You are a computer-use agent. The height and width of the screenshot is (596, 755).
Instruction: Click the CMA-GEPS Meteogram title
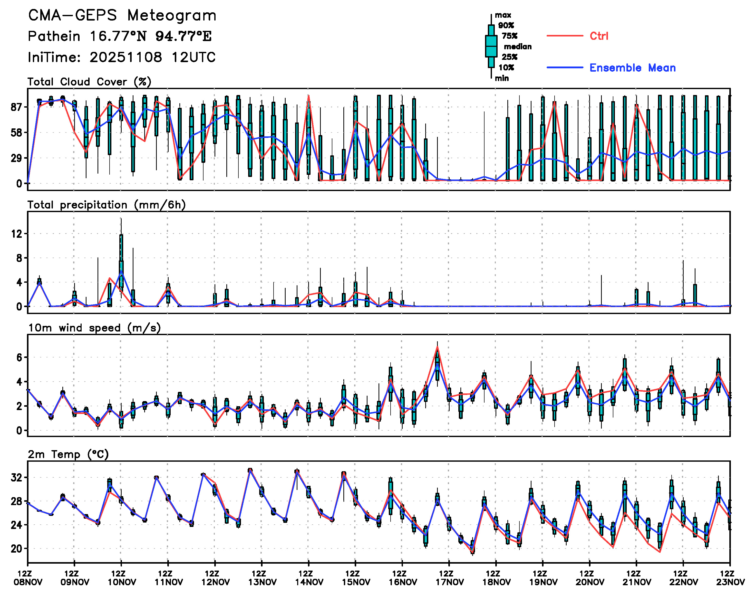(122, 16)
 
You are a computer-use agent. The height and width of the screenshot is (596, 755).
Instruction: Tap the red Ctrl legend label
(599, 36)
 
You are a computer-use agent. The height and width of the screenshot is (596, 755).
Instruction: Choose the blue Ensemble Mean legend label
(632, 68)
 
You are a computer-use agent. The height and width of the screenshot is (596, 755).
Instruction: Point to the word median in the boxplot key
(518, 46)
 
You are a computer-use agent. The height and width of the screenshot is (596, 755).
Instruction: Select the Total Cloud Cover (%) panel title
(89, 82)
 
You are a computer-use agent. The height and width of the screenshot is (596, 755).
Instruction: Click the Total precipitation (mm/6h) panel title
(106, 205)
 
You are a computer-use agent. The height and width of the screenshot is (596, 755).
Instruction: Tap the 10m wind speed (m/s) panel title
(94, 328)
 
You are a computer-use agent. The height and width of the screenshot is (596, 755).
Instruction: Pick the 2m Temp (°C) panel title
(68, 454)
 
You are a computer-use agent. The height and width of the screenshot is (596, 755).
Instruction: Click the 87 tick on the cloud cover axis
(17, 107)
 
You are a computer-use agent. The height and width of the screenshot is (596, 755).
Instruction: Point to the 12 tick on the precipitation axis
(17, 234)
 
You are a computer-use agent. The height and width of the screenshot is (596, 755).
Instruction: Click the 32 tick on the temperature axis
(17, 477)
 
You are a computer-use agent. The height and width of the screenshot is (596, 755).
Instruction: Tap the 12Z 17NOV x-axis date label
(449, 578)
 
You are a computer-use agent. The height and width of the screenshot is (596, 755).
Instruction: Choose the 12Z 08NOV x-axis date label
(28, 578)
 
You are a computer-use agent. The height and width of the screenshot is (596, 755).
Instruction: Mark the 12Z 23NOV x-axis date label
(730, 578)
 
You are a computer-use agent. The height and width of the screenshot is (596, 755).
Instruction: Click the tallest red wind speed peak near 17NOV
(437, 347)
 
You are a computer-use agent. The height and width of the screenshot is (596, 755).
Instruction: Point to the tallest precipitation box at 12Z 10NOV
(121, 261)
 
